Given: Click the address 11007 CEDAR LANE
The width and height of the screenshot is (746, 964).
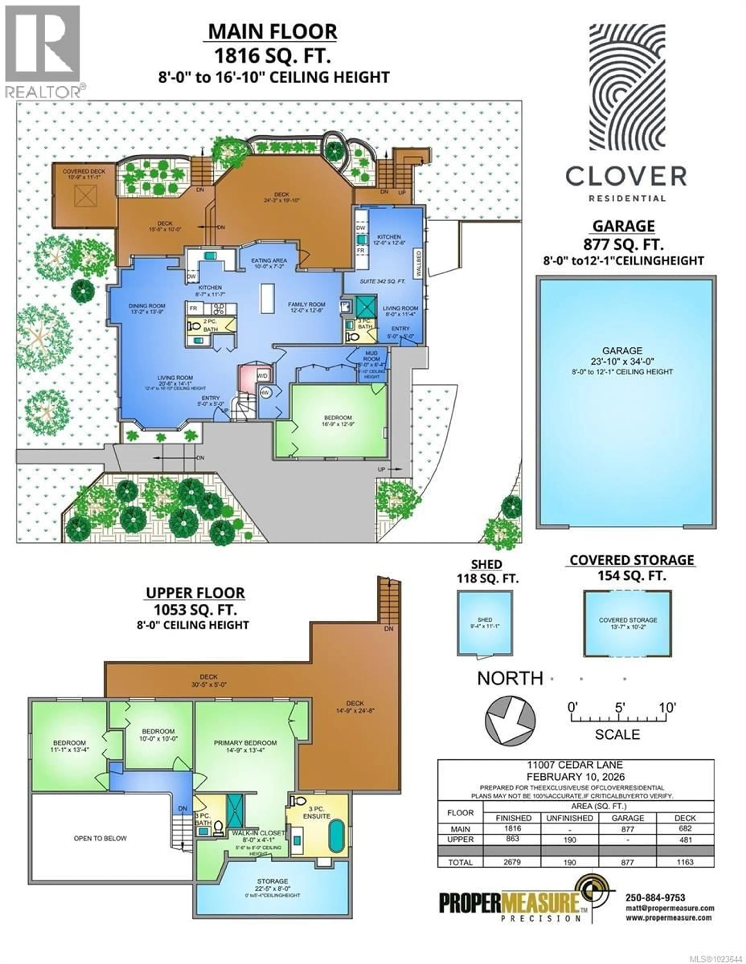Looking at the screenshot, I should pos(575,765).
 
